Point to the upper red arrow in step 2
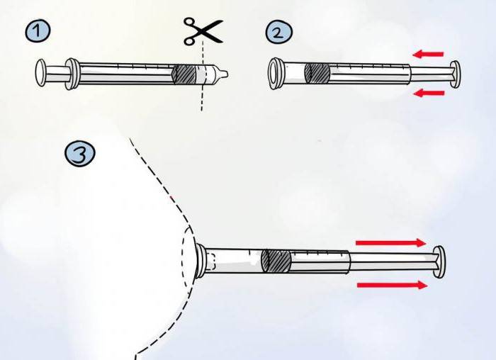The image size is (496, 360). tap(429, 53)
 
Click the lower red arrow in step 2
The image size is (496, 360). tap(429, 93)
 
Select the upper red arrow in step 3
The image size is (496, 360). tap(390, 242)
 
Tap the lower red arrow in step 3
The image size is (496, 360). tap(392, 285)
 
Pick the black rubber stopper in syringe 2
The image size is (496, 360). tap(317, 73)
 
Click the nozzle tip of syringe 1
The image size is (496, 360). tap(221, 74)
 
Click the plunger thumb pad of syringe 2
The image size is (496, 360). tap(454, 74)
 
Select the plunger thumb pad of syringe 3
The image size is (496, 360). tap(440, 262)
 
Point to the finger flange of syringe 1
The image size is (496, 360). tap(71, 74)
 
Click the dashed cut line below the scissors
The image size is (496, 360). tap(201, 96)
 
